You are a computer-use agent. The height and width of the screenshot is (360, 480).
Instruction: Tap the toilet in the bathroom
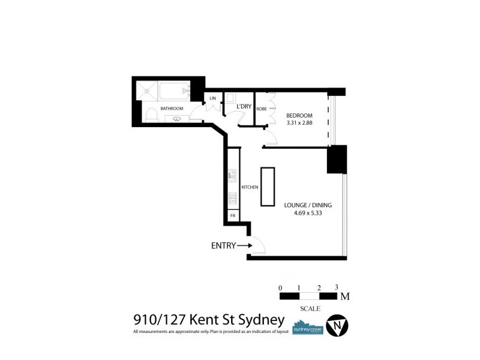coord(151,115)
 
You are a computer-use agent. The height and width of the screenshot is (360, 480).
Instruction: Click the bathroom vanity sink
coord(177,119)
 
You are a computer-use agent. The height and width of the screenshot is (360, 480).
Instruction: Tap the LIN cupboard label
coord(212,98)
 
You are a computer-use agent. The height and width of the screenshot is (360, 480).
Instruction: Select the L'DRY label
coord(244,106)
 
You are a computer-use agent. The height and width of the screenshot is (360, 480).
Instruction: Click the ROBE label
coord(262,109)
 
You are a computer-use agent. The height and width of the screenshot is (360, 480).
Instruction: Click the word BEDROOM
coord(299,115)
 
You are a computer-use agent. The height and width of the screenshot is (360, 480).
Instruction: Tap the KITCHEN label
coord(250,187)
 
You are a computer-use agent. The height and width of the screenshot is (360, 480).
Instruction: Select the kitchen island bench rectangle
coord(267,187)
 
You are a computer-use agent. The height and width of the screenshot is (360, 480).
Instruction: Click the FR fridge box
coord(233,215)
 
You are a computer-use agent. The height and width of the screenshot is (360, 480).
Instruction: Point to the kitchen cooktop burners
coord(233,198)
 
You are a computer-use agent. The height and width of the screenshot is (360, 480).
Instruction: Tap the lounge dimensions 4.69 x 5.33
coord(308,212)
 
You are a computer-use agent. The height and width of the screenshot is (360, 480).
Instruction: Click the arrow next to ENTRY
coord(244,245)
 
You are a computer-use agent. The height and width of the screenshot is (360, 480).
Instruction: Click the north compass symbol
coord(337,326)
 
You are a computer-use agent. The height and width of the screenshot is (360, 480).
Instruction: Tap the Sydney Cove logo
coord(307,328)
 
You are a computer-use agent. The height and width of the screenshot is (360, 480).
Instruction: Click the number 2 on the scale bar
coord(319,287)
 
